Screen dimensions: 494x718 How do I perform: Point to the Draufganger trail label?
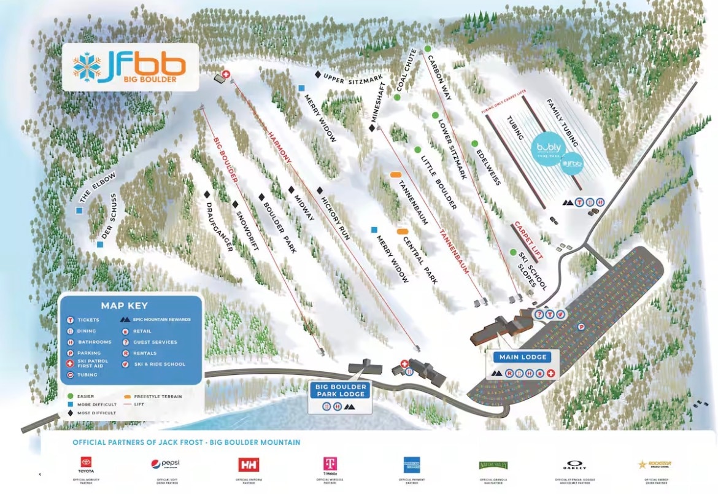point(219,226)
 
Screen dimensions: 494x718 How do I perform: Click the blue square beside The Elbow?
point(79,210)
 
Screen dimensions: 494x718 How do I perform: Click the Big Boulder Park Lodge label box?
point(341,390)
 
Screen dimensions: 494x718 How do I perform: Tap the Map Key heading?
point(124,306)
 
